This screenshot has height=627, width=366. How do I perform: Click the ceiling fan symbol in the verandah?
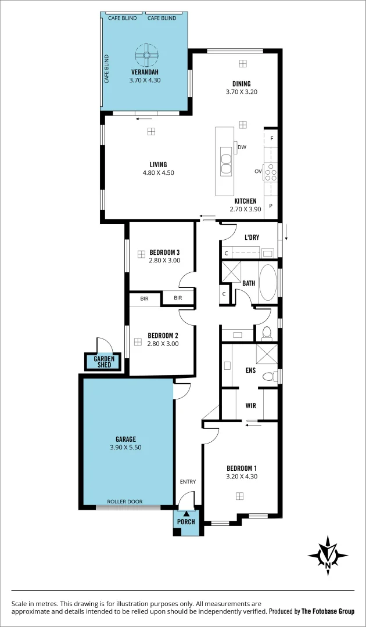coord(146,57)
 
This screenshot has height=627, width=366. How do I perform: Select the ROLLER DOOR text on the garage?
coord(124,502)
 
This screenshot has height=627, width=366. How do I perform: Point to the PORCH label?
coord(186,521)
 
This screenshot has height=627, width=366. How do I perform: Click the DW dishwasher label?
coord(242,147)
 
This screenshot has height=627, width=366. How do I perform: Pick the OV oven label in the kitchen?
coord(258,171)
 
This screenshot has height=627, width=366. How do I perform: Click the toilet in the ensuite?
coord(268,377)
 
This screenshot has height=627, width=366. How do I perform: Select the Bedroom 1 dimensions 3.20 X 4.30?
coord(242,477)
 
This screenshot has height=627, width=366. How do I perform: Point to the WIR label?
coord(250,406)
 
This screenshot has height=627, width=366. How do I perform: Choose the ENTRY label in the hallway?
coord(188,481)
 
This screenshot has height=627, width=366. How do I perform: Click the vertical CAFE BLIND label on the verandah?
coord(107,69)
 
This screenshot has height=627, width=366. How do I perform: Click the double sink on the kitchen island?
coord(225,163)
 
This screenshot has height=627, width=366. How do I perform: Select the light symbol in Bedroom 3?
coord(141,254)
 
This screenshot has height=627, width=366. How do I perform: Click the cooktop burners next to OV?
coord(271,172)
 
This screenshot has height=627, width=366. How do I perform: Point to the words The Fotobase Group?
coord(328,611)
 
